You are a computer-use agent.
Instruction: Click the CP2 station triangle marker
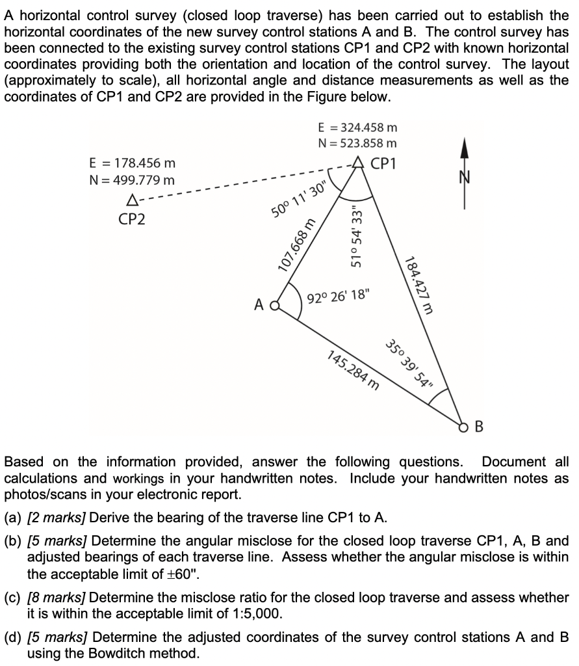[x=133, y=198]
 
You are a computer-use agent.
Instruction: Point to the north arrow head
[x=464, y=148]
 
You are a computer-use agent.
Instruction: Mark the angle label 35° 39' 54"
[x=409, y=364]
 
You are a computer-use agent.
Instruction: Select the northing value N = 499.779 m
[x=131, y=180]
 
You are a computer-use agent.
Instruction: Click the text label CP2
[x=132, y=219]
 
